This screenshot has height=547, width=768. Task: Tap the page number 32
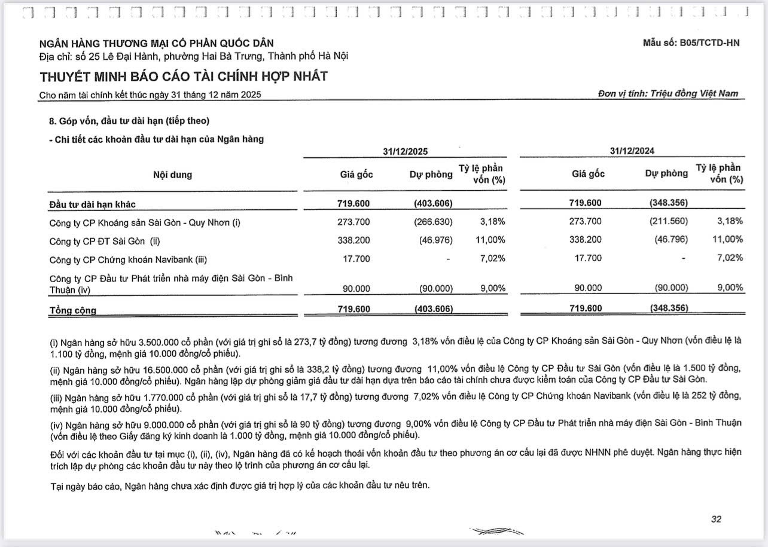[716, 520]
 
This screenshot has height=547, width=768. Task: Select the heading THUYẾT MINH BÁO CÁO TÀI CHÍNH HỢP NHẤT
[184, 77]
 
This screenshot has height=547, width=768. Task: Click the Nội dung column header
[172, 175]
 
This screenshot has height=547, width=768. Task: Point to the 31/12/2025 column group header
[406, 152]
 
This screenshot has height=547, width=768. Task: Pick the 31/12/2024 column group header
[632, 152]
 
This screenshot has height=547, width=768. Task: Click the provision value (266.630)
[433, 222]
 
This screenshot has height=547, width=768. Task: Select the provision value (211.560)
[668, 222]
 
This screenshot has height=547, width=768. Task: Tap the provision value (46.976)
[435, 240]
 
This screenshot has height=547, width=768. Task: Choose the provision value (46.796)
[671, 240]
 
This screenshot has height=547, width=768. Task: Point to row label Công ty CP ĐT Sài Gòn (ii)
[105, 241]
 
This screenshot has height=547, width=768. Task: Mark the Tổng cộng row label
[72, 310]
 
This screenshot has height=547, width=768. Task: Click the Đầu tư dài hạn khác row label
[92, 204]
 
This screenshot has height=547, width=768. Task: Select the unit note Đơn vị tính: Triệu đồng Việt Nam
[668, 94]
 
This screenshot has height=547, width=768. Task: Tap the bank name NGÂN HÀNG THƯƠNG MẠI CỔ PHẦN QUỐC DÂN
[156, 44]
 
